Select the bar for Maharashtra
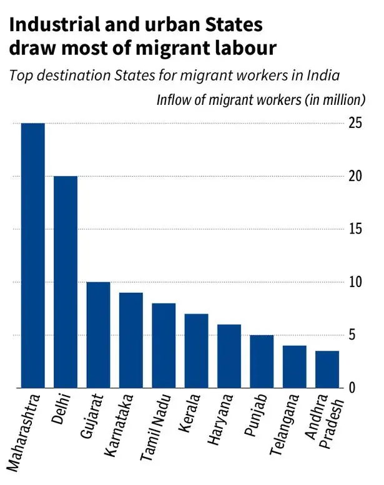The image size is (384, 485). pyautogui.click(x=33, y=256)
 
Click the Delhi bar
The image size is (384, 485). pyautogui.click(x=66, y=282)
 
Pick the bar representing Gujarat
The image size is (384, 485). pyautogui.click(x=98, y=335)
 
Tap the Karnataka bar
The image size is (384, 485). pyautogui.click(x=130, y=340)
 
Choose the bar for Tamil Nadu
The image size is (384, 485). pyautogui.click(x=164, y=346)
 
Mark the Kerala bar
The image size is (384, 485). pyautogui.click(x=196, y=351)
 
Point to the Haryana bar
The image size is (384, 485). pyautogui.click(x=229, y=356)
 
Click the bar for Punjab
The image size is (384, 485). pyautogui.click(x=262, y=361)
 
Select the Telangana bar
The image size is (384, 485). pyautogui.click(x=294, y=367)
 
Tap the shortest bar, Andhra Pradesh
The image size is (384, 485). pyautogui.click(x=327, y=370)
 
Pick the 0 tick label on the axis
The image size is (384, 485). pyautogui.click(x=352, y=388)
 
